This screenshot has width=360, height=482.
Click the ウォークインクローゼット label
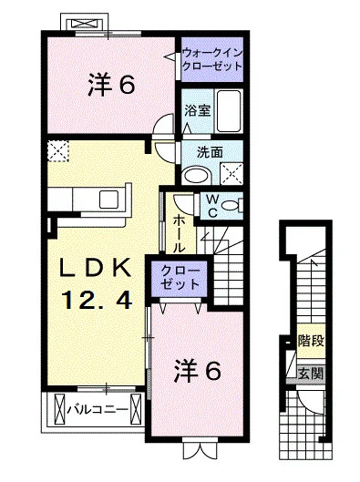pyautogui.click(x=212, y=59)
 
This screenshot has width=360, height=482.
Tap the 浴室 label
pyautogui.click(x=198, y=110)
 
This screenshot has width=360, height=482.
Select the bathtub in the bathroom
pyautogui.click(x=229, y=110)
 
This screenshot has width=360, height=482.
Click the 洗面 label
pyautogui.click(x=210, y=152)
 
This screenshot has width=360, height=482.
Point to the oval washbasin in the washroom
pyautogui.click(x=196, y=176)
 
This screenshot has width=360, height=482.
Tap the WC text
pyautogui.click(x=212, y=206)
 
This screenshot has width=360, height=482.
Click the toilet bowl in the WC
pyautogui.click(x=231, y=205)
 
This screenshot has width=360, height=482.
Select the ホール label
pyautogui.click(x=180, y=233)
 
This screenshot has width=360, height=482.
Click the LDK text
pyautogui.click(x=95, y=268)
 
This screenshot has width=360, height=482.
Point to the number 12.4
pyautogui.click(x=98, y=301)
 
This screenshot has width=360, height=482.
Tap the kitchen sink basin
pyautogui.click(x=108, y=199)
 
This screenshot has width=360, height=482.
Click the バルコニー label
pyautogui.click(x=98, y=409)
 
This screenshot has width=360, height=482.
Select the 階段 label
pyautogui.click(x=311, y=341)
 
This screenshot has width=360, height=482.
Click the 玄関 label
pyautogui.click(x=311, y=374)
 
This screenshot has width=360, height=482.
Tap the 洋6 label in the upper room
pyautogui.click(x=111, y=85)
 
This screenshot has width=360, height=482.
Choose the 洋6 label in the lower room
pyautogui.click(x=197, y=371)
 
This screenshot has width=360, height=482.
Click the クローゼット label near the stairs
pyautogui.click(x=180, y=278)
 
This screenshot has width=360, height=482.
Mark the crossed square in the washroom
pyautogui.click(x=231, y=174)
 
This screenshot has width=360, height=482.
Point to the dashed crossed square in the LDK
pyautogui.click(x=58, y=151)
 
